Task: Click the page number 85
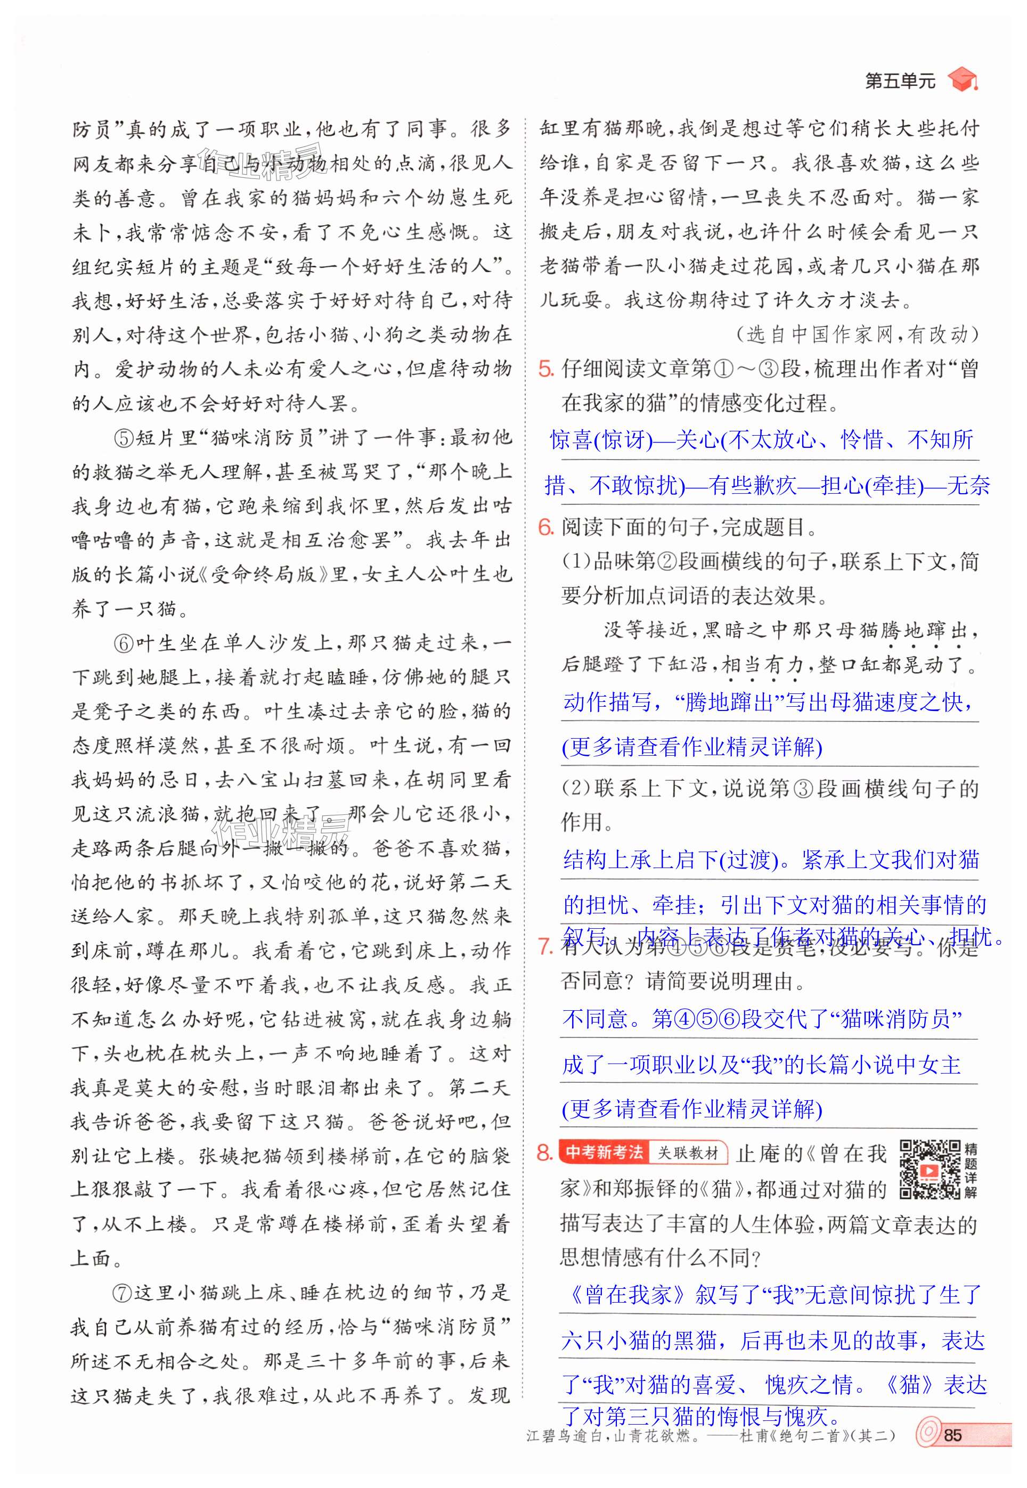(952, 1435)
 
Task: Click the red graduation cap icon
(961, 80)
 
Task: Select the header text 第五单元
(900, 81)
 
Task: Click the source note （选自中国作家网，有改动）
(856, 334)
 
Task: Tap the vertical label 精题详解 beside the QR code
(971, 1170)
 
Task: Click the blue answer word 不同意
(595, 1018)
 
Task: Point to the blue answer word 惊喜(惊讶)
(600, 440)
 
